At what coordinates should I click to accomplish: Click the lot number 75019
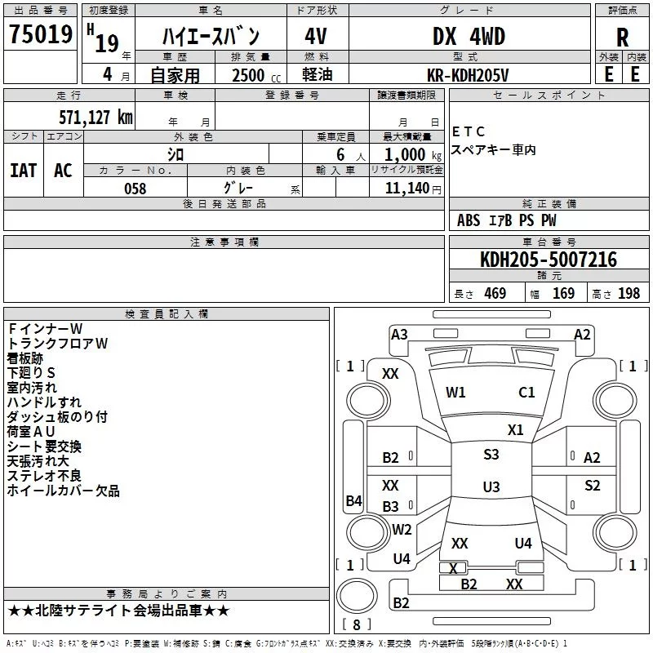coord(40,33)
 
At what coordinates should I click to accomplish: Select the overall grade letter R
coord(622,38)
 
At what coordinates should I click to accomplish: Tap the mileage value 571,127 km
coord(96,117)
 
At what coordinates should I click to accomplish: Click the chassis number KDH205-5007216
coord(549,260)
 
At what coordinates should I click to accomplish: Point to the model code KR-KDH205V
coord(468,75)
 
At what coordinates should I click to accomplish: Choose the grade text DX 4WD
coord(469,36)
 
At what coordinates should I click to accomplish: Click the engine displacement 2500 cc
coord(256,75)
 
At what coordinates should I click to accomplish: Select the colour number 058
coord(135,189)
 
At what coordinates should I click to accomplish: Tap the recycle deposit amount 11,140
coord(406,189)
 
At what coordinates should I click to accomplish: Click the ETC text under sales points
coord(468,131)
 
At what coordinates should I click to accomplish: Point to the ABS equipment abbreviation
coord(468,220)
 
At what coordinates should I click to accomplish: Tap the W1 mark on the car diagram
coord(455,392)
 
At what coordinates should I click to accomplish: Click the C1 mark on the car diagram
coord(526,392)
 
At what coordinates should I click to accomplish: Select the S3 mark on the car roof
coord(491,454)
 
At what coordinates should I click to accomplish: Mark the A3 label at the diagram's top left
coord(399,335)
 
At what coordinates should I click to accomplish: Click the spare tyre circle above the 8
coord(357,596)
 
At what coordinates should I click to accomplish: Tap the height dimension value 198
coord(629,293)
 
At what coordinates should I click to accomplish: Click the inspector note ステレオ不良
coord(44,476)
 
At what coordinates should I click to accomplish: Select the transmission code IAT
coord(23,171)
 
